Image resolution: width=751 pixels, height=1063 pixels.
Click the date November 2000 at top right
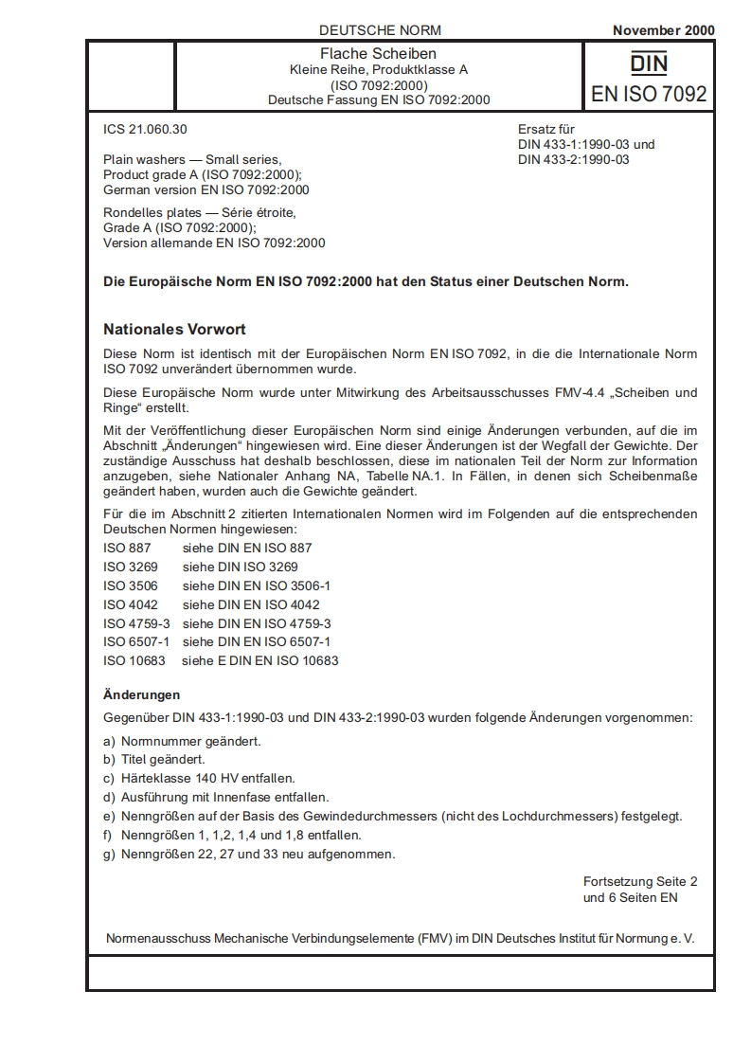pos(663,30)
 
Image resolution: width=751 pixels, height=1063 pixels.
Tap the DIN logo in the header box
pos(649,63)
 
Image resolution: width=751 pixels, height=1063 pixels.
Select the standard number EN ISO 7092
pos(649,94)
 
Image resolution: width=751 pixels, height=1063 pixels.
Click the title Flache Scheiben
pos(378,54)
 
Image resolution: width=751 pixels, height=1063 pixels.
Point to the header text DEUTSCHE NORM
pos(380,30)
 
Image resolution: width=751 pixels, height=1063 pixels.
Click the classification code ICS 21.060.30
pos(152,129)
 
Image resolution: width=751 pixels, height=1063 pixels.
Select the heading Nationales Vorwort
pos(174,330)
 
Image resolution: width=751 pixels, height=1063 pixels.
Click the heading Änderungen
pos(141,694)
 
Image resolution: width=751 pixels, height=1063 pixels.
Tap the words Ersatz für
pos(546,130)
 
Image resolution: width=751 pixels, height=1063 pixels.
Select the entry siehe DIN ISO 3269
pos(241,567)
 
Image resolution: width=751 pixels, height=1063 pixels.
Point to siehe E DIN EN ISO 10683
pos(260,660)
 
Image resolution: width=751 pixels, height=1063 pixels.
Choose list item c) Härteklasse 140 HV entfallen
pos(199,778)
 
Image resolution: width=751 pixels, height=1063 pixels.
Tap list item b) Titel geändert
pos(153,759)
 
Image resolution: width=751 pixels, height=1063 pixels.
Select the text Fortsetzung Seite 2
pos(640,881)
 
